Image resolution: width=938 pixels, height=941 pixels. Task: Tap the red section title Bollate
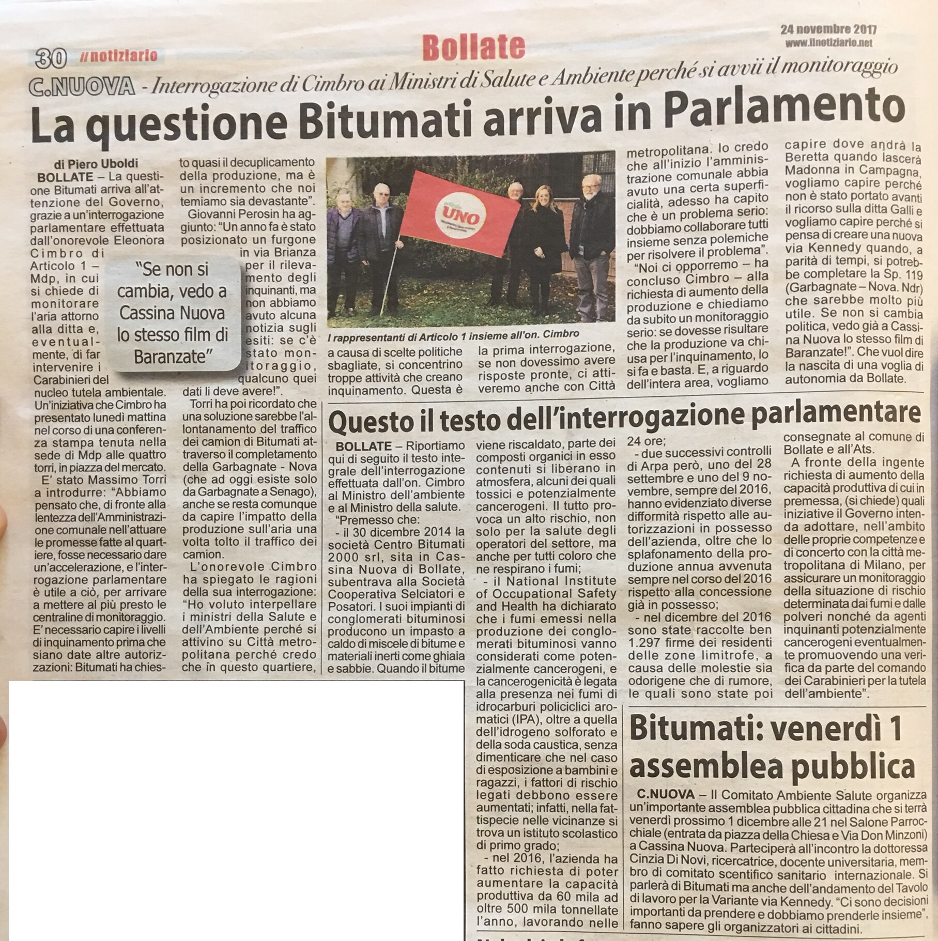[473, 48]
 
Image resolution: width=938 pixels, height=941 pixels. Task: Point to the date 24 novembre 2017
[828, 29]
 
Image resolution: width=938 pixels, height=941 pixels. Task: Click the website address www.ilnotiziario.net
[828, 43]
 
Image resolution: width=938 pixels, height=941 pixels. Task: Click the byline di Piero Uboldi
[96, 164]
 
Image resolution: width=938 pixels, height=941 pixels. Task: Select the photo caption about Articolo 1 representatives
[453, 334]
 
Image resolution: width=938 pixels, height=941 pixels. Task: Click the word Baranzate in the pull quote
[170, 356]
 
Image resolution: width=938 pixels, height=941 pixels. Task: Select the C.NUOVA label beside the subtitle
[82, 86]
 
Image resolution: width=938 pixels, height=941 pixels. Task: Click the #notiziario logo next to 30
[118, 56]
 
